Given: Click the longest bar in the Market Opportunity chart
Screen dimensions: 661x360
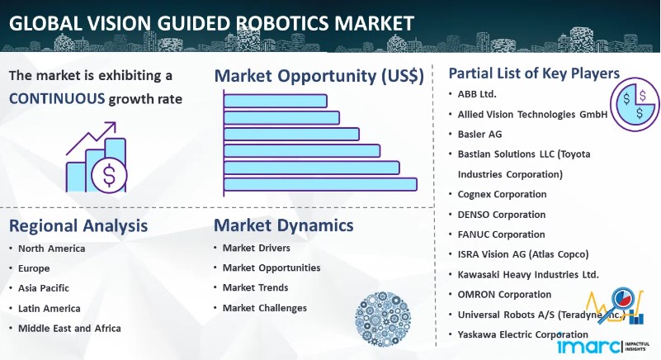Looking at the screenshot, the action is [x=320, y=184].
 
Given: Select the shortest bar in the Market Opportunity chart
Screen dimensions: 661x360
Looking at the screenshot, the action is [x=276, y=101].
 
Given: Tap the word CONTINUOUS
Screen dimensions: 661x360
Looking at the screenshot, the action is [x=57, y=99].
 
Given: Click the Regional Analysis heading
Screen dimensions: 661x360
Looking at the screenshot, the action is [x=78, y=225].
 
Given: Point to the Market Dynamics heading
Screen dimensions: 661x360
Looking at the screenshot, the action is [x=284, y=225].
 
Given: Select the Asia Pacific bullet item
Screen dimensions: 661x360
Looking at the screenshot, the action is [x=44, y=288].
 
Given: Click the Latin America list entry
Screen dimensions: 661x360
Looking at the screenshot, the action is [x=49, y=309].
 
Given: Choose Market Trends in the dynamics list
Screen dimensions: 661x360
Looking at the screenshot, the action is [x=256, y=288].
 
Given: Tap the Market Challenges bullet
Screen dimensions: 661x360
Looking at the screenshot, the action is [x=265, y=308].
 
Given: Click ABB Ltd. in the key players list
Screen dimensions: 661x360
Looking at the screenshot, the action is [x=477, y=94].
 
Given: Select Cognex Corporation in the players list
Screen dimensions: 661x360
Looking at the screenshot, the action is [x=502, y=194].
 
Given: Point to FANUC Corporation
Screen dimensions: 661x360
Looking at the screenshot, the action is [x=501, y=234].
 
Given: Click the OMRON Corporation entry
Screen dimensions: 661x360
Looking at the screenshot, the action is [x=504, y=295].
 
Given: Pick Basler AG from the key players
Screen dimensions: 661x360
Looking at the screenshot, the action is [x=479, y=135].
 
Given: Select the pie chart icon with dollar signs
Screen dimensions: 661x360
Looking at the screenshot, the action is [x=635, y=105].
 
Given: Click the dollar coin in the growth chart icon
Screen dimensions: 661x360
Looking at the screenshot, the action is [x=109, y=175].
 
